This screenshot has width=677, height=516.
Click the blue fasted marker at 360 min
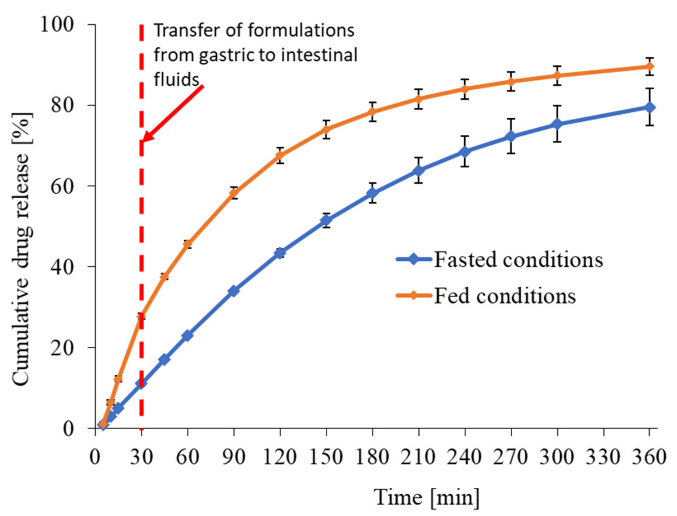pyautogui.click(x=649, y=107)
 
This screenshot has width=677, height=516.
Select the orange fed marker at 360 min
pyautogui.click(x=649, y=66)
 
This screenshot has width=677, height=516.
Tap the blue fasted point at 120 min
pyautogui.click(x=280, y=253)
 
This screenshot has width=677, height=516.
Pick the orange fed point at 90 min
pyautogui.click(x=234, y=193)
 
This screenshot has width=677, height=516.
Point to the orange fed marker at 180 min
pyautogui.click(x=372, y=112)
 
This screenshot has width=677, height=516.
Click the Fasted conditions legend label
pyautogui.click(x=518, y=260)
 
